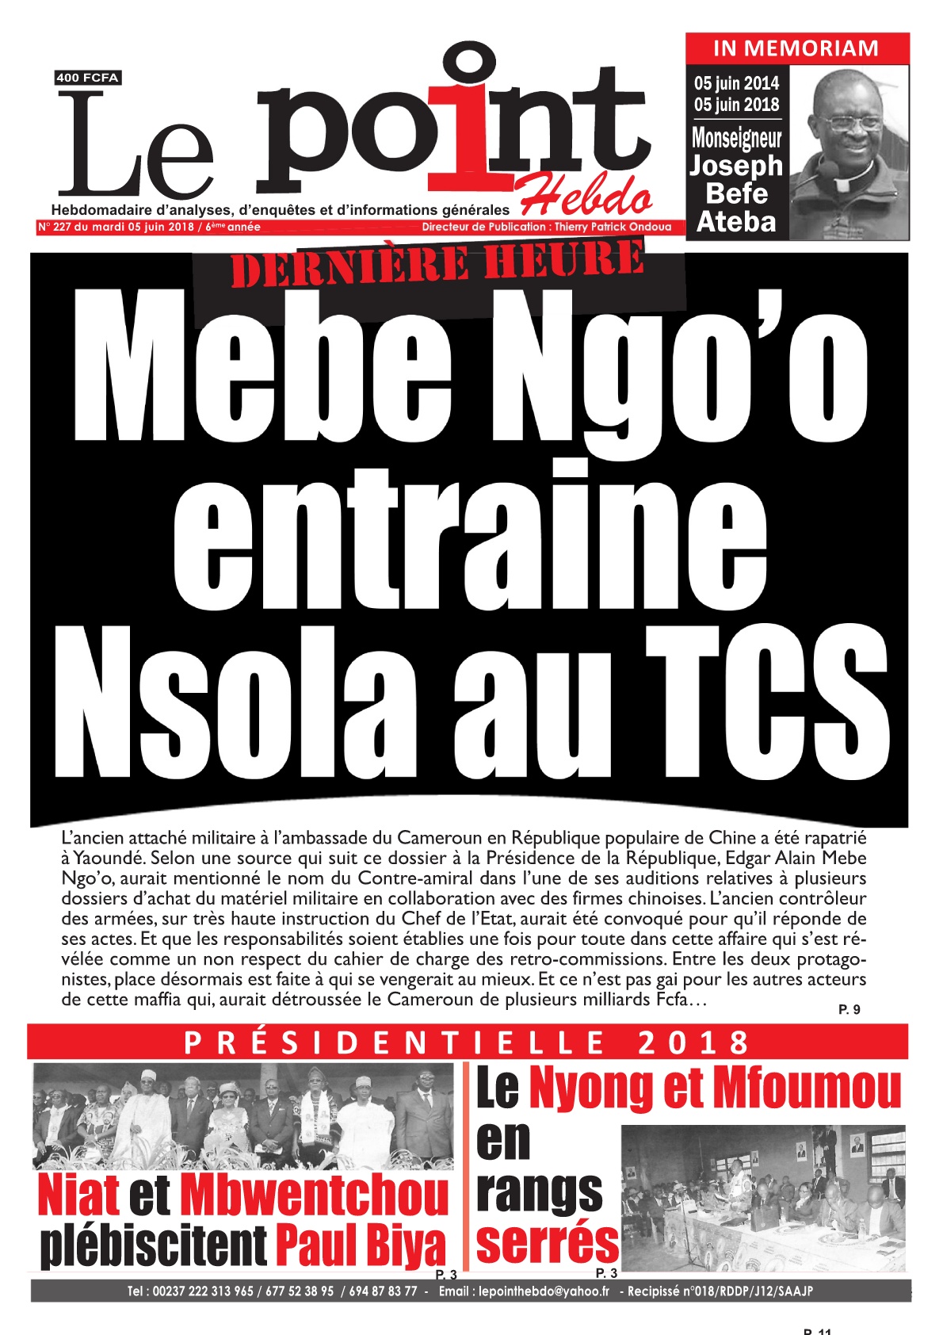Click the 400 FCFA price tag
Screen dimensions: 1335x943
pos(87,78)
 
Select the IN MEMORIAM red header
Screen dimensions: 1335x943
pos(796,48)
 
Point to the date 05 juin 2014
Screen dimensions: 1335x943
pos(737,83)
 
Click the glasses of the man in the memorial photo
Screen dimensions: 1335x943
pos(851,123)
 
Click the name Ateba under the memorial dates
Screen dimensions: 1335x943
pos(736,222)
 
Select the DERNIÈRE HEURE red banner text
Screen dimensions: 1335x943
pos(437,265)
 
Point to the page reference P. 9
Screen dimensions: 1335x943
pos(849,1009)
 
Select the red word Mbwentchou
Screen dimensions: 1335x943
pos(315,1195)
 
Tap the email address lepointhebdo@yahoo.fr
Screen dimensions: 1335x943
pos(544,1291)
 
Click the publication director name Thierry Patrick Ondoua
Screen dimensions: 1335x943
pos(613,227)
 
